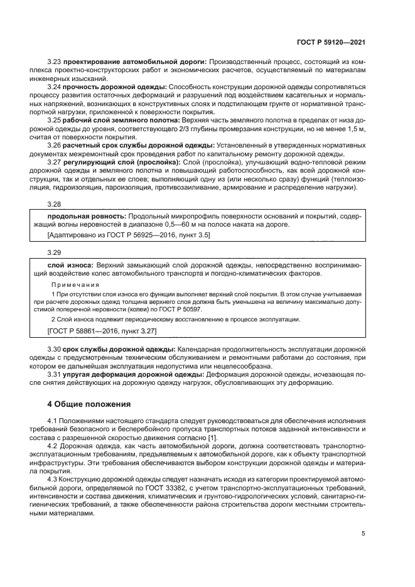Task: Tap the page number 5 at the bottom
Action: pos(364,534)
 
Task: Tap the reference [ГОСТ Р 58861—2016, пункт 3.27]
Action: pos(102,330)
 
